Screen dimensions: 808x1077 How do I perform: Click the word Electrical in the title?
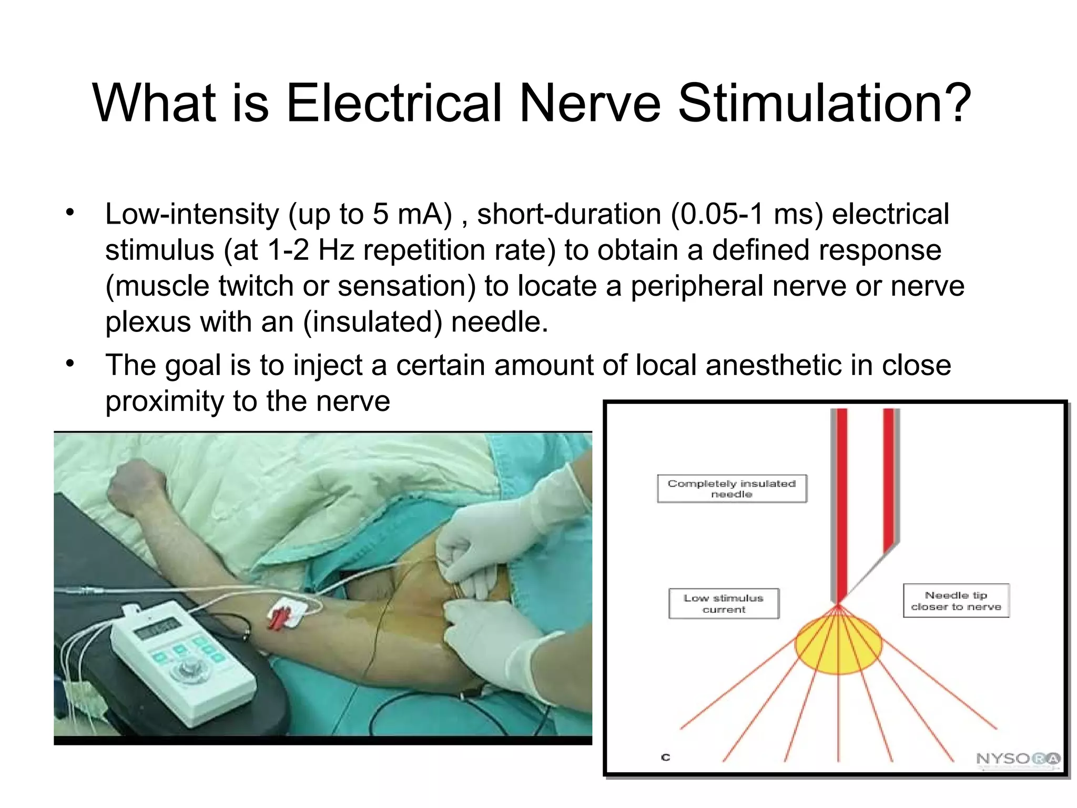coord(394,103)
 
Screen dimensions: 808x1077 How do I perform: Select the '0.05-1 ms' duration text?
coord(747,215)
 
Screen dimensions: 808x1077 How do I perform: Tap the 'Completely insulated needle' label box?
coord(731,489)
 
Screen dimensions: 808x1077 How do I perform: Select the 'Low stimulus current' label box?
coord(724,603)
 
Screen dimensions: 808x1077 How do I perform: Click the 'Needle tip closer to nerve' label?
coord(956,601)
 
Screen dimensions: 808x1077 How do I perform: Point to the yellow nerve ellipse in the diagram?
coord(838,646)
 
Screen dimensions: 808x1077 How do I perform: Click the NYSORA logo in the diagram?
coord(1018,759)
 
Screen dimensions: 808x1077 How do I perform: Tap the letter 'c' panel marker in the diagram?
coord(666,757)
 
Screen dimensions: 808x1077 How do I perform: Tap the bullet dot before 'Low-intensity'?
coord(70,213)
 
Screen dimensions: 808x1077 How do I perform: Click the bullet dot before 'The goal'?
coord(70,363)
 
